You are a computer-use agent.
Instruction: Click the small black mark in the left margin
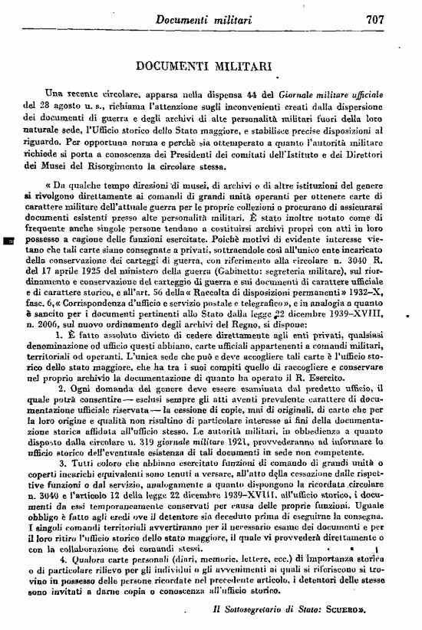pyautogui.click(x=10, y=241)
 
